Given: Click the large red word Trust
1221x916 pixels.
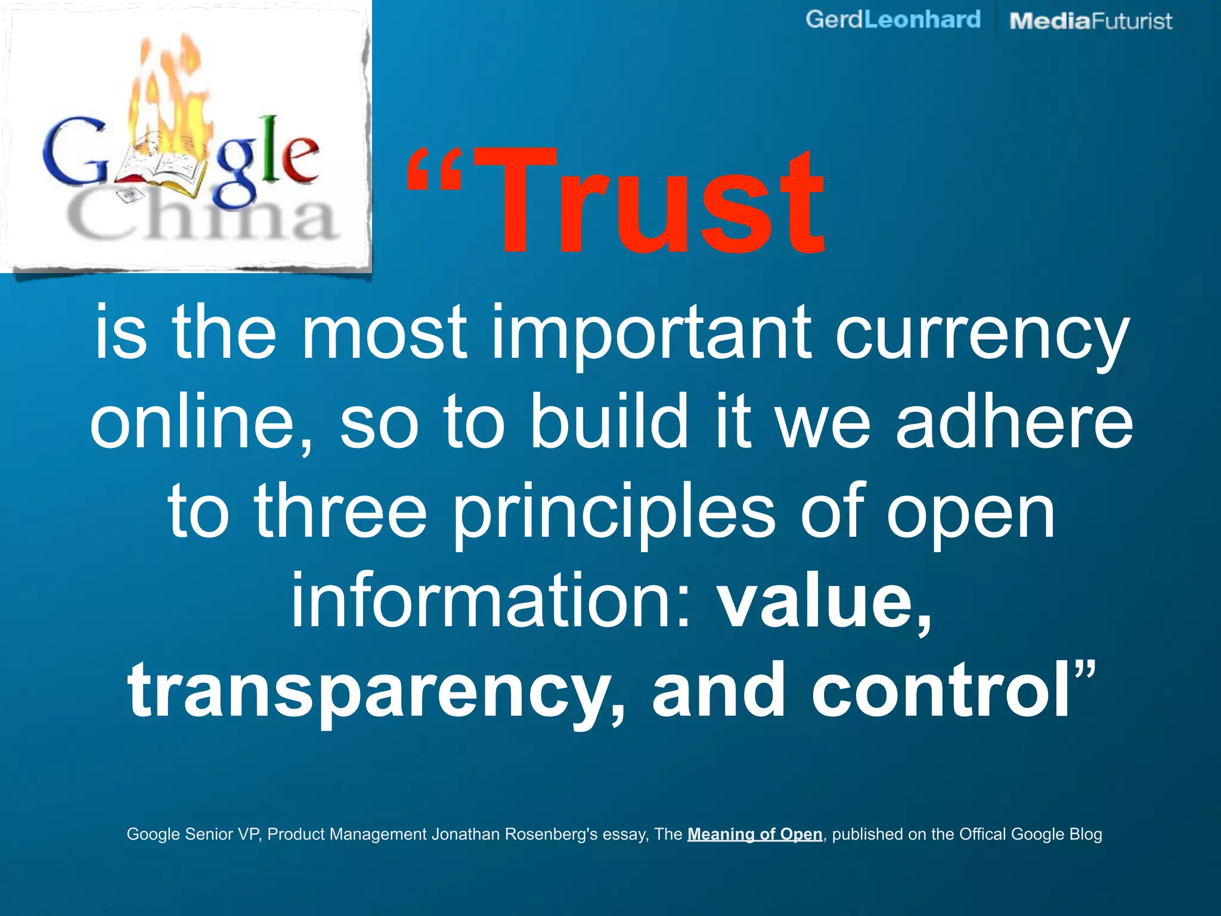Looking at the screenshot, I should pyautogui.click(x=656, y=203).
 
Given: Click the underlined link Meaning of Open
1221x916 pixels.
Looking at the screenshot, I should pyautogui.click(x=755, y=834).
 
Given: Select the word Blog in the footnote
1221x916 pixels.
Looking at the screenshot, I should pyautogui.click(x=1086, y=834).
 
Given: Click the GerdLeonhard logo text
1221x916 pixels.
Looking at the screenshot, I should pyautogui.click(x=892, y=20).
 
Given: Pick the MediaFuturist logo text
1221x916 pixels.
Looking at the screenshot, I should pyautogui.click(x=1090, y=21).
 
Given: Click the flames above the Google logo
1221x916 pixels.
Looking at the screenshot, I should pyautogui.click(x=170, y=89).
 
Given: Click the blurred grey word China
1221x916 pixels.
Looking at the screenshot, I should pyautogui.click(x=203, y=218).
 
